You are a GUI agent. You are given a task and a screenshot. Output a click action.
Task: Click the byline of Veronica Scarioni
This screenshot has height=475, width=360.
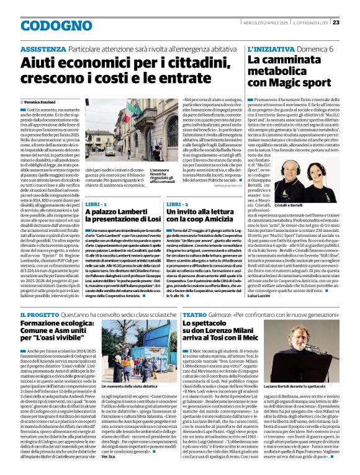click(x=43, y=101)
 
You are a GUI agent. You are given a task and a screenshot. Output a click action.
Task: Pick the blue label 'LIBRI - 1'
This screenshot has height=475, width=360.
click(x=97, y=203)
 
